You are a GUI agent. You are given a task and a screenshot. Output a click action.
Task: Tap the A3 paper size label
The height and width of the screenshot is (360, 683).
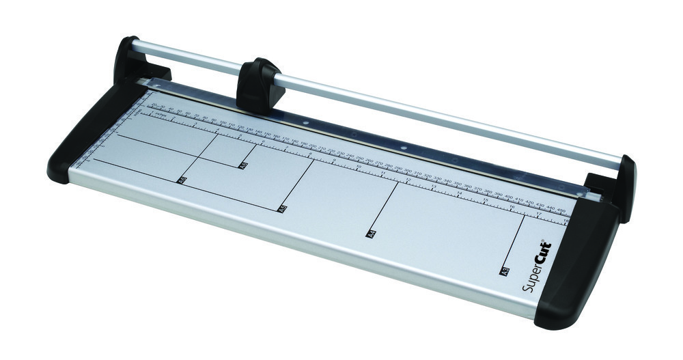pos(505,271)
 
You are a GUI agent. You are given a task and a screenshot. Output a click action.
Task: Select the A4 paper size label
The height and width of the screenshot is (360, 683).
pos(372,233)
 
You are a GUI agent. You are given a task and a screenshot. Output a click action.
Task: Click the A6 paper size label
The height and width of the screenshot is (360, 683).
pos(243,165)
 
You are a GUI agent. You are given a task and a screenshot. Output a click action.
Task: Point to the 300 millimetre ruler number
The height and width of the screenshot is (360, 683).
pos(408,171)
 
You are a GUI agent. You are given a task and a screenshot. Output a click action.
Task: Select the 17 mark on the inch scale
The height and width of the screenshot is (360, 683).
pos(539,213)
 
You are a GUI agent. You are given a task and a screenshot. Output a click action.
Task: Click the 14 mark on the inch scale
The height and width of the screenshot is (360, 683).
pos(459,193)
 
